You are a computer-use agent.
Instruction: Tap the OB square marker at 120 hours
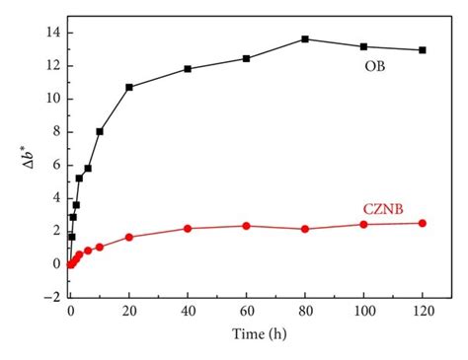pos(423,49)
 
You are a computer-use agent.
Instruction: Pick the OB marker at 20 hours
pos(128,87)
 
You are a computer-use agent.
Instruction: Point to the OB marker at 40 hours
pos(188,69)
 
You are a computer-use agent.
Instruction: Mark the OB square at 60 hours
pos(246,58)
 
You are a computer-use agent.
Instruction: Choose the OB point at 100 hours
pos(363,46)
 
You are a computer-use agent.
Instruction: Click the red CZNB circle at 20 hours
pos(128,237)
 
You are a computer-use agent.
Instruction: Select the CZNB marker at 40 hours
pos(188,228)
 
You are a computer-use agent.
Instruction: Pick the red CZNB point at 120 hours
pos(423,223)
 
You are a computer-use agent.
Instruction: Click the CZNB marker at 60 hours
pos(246,226)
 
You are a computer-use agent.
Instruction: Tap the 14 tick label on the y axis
pos(50,33)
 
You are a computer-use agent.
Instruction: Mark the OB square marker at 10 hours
pos(100,131)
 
